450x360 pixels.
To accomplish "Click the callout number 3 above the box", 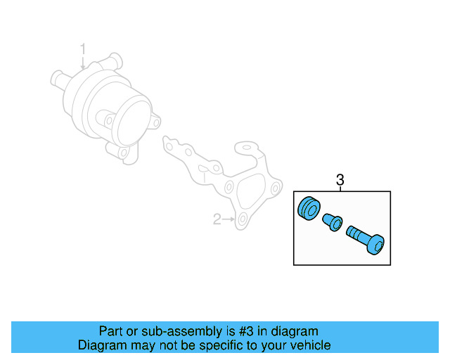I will pos(340,180).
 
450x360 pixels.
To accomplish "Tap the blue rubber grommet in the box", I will pos(309,209).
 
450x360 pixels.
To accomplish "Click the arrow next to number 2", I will pos(229,220).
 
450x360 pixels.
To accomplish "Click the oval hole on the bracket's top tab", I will pos(247,149).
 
